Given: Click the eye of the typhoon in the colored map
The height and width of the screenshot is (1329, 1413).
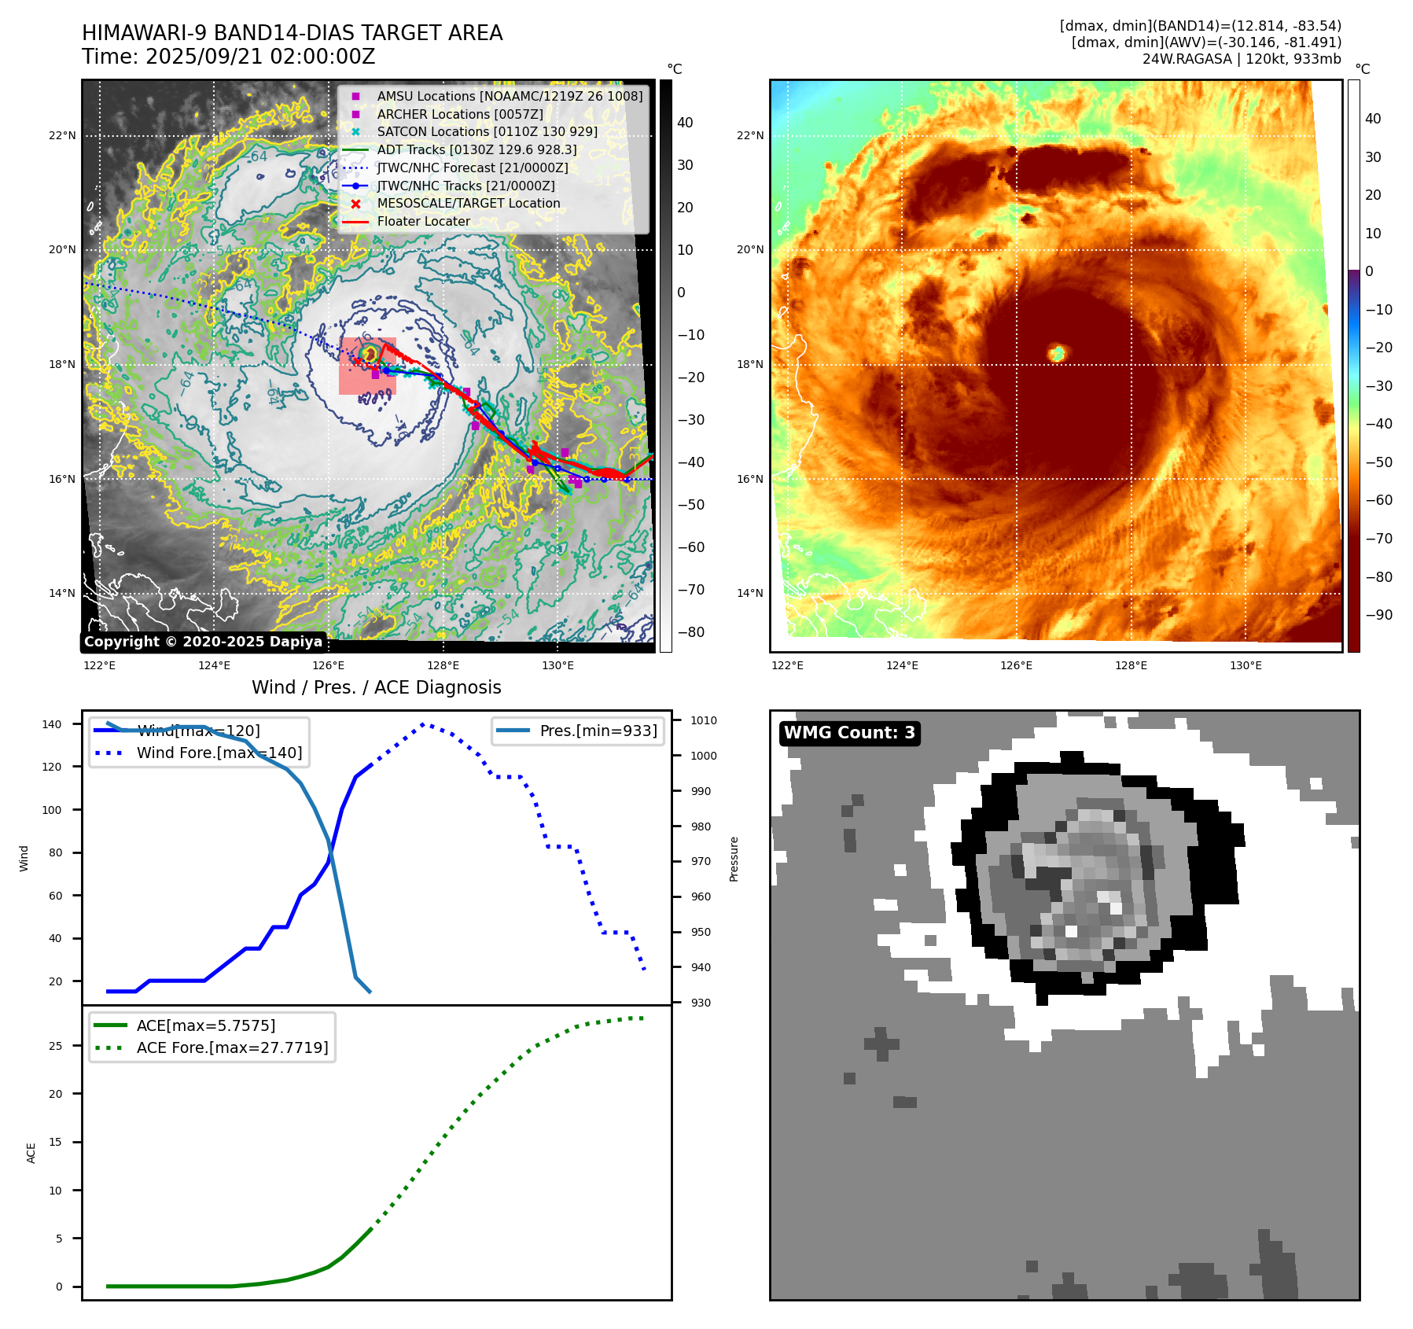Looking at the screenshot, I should click(1058, 353).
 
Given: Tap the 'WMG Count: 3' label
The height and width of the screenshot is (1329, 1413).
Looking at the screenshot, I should click(849, 733).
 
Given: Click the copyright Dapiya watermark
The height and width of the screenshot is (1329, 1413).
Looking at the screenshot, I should click(203, 642).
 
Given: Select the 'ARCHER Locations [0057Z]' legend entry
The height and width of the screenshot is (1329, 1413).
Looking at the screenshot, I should click(459, 114).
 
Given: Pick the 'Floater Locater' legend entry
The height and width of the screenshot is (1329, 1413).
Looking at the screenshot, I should click(423, 221).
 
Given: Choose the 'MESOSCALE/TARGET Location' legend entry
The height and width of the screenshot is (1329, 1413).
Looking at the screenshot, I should click(468, 203).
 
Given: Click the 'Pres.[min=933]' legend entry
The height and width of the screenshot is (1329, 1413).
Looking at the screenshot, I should click(598, 731).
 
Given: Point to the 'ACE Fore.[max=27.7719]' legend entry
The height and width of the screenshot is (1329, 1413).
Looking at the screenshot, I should click(232, 1047).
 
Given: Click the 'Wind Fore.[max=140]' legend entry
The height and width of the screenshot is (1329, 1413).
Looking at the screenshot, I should click(219, 753).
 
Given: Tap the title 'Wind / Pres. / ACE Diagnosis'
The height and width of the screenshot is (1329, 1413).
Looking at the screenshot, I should click(376, 687).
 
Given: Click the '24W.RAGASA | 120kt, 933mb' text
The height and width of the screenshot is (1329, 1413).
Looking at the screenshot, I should click(1241, 59).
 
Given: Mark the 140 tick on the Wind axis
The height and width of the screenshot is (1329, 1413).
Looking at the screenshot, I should click(52, 724).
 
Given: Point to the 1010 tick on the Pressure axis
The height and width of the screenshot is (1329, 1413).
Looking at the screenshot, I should click(704, 720).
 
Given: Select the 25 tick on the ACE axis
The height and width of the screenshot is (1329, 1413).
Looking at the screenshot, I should click(56, 1046).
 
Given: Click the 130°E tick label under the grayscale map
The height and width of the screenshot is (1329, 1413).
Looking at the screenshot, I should click(557, 665).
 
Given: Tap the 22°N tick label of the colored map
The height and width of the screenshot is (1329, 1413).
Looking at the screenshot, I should click(749, 135).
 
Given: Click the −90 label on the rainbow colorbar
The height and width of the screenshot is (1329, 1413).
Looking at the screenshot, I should click(1378, 615).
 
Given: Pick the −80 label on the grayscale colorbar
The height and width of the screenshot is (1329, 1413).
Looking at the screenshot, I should click(691, 632).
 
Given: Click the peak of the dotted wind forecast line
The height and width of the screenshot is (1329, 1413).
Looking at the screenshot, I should click(423, 723).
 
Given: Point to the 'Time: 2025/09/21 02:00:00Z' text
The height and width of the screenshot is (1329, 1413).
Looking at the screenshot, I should click(228, 57).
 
